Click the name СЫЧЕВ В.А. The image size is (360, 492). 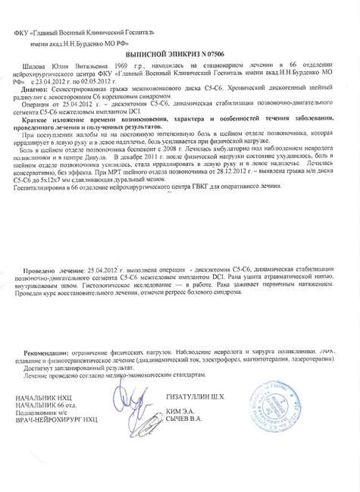(184, 418)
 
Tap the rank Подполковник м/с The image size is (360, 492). (49, 411)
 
